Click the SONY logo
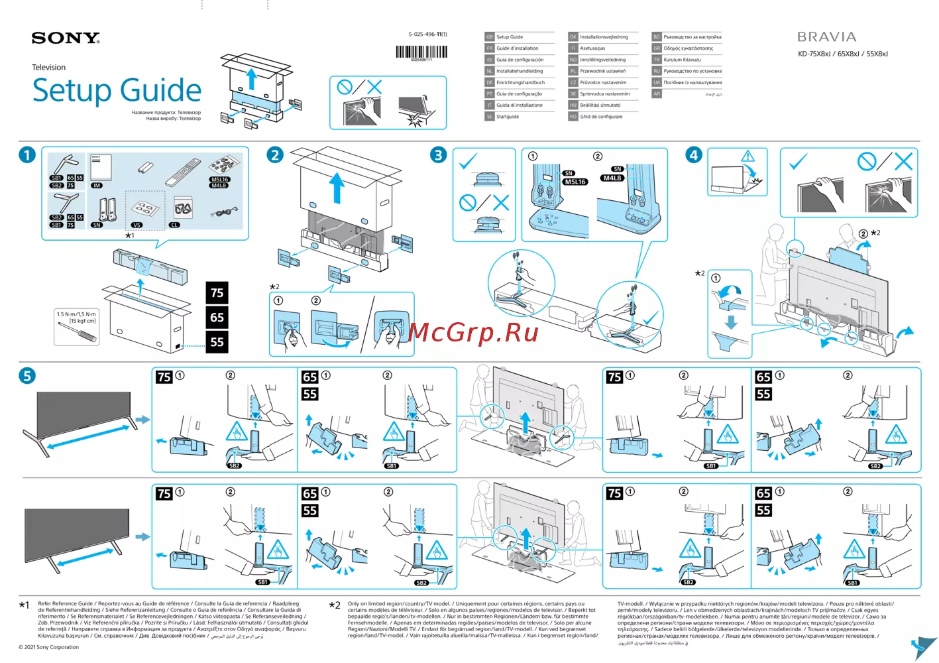pos(66,38)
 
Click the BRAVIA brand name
pos(826,37)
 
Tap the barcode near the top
pos(421,52)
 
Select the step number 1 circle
pos(27,155)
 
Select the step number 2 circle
pos(275,155)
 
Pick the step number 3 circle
pos(438,155)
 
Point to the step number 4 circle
pos(693,155)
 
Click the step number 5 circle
pos(27,376)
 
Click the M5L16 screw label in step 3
pos(575,182)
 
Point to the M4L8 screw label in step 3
pos(612,178)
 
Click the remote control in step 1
pos(183,172)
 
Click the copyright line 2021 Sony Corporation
pos(49,647)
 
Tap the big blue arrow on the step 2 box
pos(337,188)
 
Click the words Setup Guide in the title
pos(117,91)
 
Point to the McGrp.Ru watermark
pos(473,332)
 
